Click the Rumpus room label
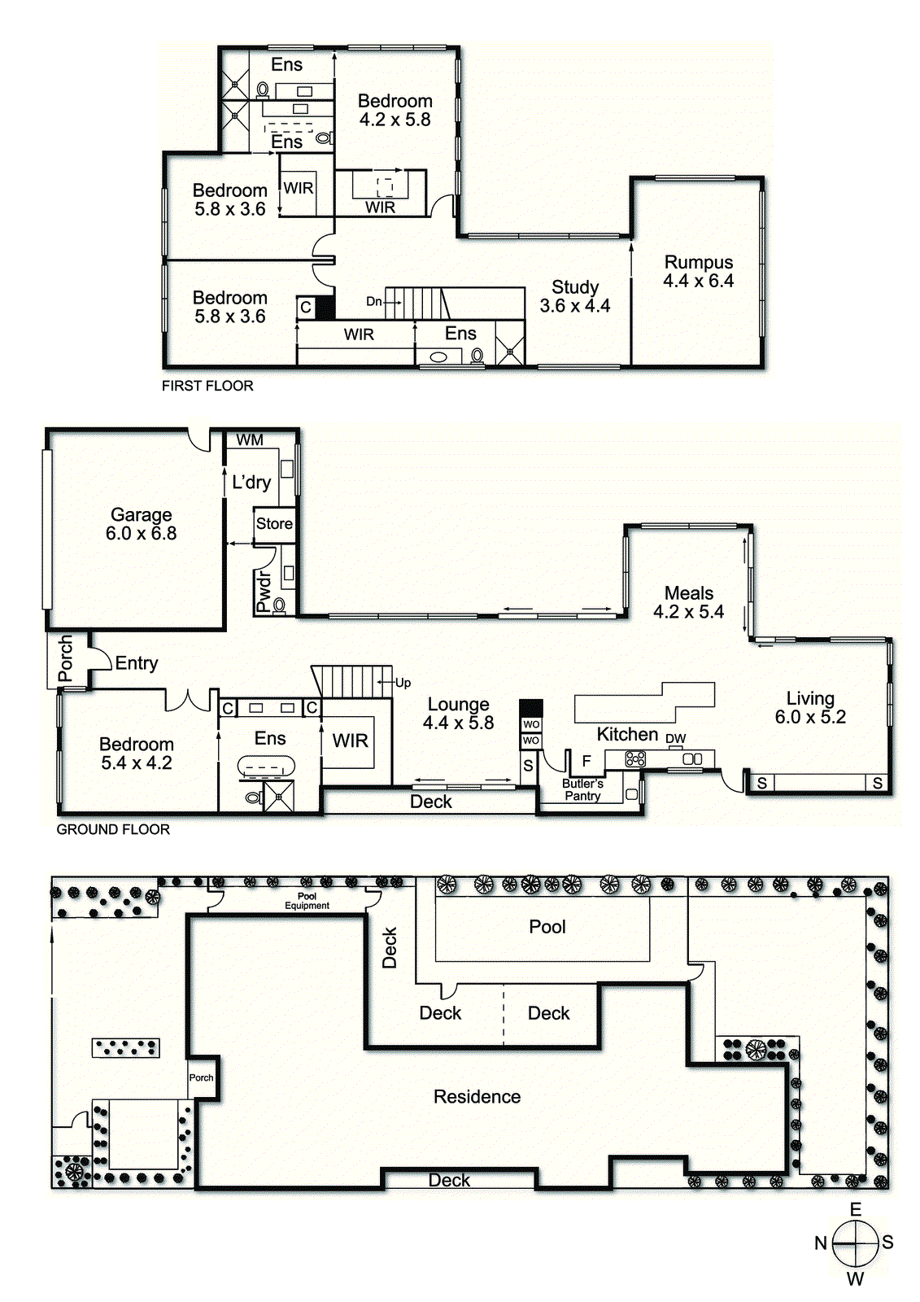coord(698,272)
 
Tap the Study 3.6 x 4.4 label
coord(575,296)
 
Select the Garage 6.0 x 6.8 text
coord(142,524)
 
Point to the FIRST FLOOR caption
coord(207,386)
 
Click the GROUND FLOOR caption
coord(113,829)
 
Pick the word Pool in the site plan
coord(547,927)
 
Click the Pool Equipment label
coord(307,901)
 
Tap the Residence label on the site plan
coord(477,1097)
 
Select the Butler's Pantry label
coord(582,790)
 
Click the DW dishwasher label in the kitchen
coord(675,738)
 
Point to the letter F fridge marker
coord(586,761)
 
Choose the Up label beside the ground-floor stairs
coord(403,683)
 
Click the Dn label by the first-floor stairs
coord(373,302)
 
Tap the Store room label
coord(274,524)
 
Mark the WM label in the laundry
coord(250,440)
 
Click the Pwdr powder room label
coord(264,591)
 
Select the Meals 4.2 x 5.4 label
coord(689,602)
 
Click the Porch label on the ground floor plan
coord(66,658)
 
